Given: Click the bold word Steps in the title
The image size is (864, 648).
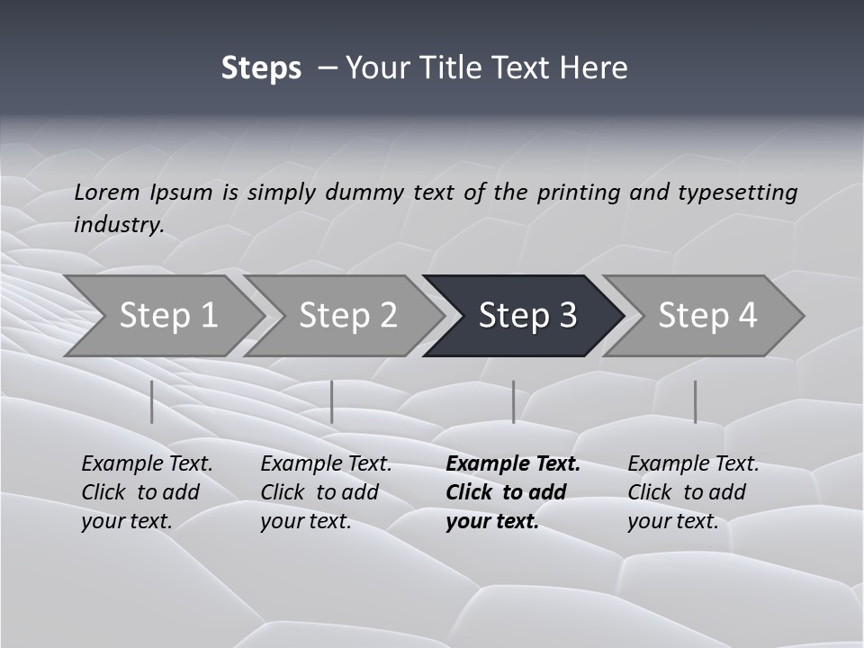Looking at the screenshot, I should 261,68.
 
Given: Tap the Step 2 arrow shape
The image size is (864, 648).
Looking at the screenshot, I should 347,315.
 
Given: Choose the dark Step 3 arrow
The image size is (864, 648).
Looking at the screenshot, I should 527,315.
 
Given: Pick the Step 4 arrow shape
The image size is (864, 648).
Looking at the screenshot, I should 707,315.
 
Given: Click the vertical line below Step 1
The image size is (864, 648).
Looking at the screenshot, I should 152,401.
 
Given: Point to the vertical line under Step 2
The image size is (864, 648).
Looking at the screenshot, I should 332,401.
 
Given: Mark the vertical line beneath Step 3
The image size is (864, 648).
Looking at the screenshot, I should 514,401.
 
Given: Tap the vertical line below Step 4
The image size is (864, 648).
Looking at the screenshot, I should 695,401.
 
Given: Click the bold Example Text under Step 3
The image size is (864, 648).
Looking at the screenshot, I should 513,464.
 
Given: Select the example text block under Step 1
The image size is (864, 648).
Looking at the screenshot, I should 147,492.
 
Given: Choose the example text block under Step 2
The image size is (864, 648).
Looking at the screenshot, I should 326,492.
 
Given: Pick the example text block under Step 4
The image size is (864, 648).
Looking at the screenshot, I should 693,492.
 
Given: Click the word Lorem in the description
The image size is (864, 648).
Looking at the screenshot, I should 107,193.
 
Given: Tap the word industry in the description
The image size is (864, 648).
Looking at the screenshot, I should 119,225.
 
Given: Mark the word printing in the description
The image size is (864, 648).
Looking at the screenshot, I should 579,193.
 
